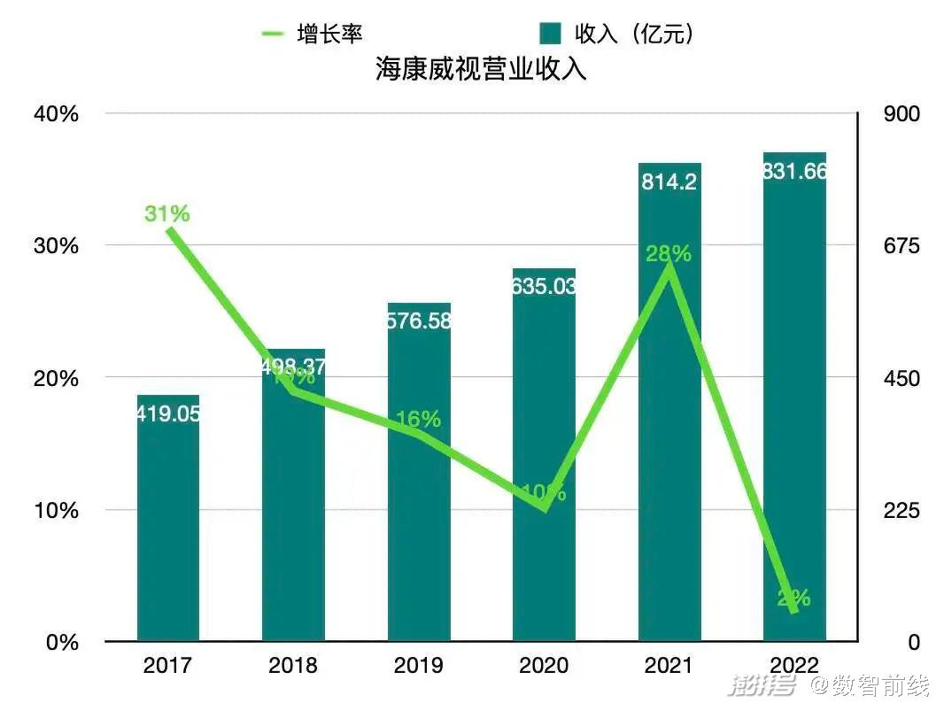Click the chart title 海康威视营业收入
point(480,70)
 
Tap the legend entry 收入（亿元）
point(617,34)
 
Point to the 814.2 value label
point(669,182)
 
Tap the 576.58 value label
point(419,321)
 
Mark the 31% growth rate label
point(167,213)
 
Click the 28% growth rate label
point(669,254)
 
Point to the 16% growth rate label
point(418,419)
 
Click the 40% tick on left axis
point(58,114)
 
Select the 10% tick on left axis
point(58,511)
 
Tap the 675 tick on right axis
point(901,246)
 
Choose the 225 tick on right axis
point(901,511)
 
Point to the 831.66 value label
point(794,172)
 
